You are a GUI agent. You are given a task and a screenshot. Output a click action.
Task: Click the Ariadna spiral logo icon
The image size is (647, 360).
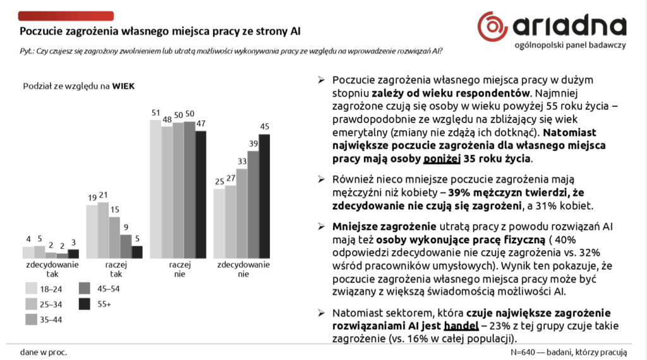coord(493,25)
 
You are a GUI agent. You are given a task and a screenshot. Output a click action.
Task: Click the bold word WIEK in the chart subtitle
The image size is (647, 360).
coord(123,86)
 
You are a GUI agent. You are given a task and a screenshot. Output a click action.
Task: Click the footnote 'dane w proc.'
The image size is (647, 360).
coord(44,351)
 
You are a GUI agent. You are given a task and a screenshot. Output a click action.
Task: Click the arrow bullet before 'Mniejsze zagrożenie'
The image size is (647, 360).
coord(321,226)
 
